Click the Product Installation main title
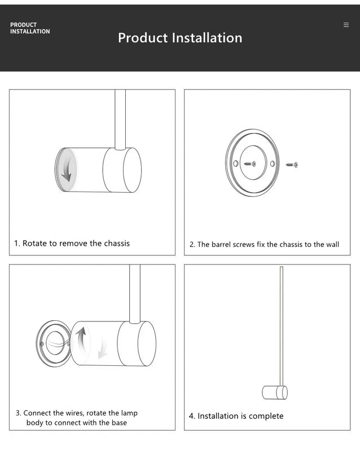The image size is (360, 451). click(x=180, y=38)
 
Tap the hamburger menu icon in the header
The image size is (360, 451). click(x=346, y=25)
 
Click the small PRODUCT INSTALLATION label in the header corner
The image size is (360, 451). click(x=30, y=28)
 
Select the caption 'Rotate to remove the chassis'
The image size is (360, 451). click(x=72, y=244)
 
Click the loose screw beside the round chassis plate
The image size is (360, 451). click(x=292, y=165)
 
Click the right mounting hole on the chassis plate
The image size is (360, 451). click(x=272, y=163)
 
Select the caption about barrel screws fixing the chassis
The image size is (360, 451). click(x=264, y=245)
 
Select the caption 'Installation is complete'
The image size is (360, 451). click(x=236, y=416)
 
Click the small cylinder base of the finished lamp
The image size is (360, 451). click(x=275, y=392)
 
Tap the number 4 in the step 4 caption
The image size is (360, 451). click(x=191, y=416)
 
